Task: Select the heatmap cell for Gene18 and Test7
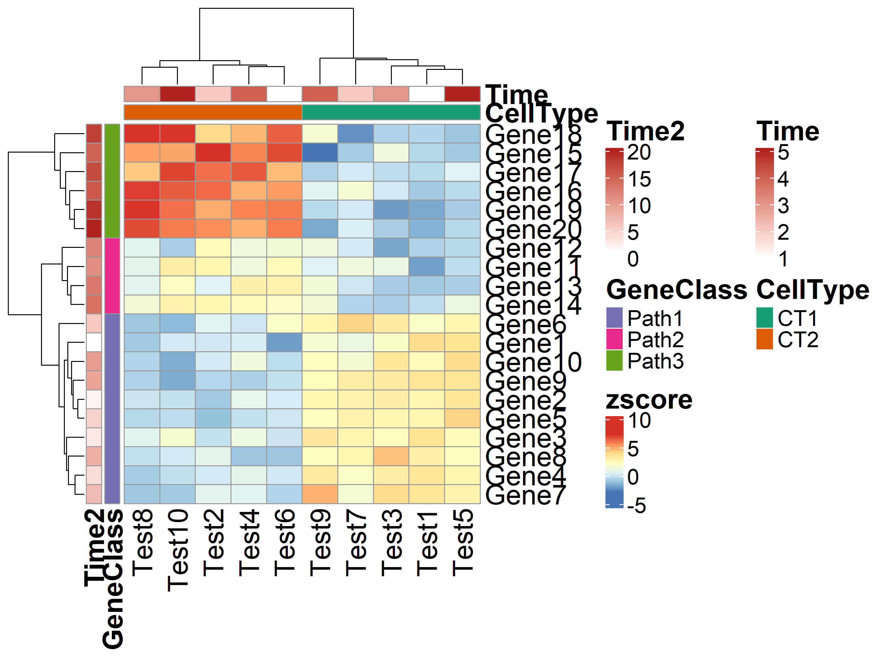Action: pos(355,134)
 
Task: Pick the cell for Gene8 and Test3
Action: pos(391,456)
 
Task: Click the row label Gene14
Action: pos(533,305)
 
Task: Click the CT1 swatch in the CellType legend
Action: pos(765,318)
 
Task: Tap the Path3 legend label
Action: pos(655,361)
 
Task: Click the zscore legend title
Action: pos(649,400)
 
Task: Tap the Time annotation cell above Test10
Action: pos(178,94)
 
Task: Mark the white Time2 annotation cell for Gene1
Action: pos(94,342)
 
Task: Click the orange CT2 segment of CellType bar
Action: pos(213,112)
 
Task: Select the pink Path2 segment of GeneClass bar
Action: pos(112,276)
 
